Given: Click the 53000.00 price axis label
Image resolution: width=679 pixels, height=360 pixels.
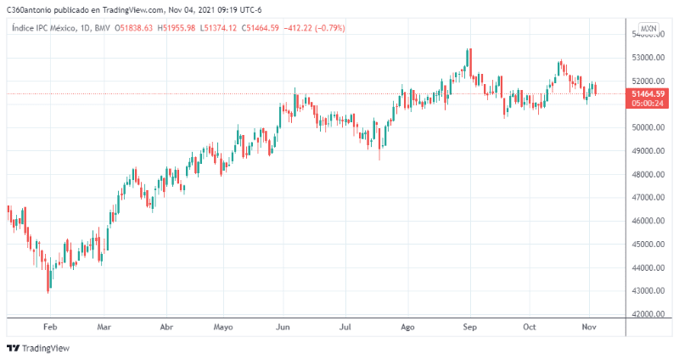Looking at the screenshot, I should click(648, 58).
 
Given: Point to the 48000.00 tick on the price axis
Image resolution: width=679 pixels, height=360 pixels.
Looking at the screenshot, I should click(648, 174).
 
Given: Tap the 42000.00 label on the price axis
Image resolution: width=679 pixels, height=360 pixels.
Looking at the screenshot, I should click(648, 314).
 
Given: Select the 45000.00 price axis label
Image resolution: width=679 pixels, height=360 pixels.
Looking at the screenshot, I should click(648, 245).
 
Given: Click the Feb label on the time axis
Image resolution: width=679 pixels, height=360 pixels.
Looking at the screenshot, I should click(49, 326).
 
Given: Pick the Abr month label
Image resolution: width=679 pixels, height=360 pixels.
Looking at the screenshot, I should click(167, 326).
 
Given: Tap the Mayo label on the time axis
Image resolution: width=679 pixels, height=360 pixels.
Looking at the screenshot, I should click(223, 326).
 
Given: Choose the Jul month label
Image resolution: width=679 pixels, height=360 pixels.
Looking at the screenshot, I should click(345, 326).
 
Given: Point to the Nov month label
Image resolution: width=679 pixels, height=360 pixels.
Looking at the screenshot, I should click(590, 326).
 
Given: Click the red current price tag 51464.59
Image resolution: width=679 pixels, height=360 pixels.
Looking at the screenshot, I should click(648, 93).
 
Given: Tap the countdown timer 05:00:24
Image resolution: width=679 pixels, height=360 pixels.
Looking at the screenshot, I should click(648, 104).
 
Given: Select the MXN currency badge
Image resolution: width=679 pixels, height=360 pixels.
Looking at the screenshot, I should click(648, 29).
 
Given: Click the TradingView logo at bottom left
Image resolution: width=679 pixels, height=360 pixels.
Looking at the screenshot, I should click(38, 348).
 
